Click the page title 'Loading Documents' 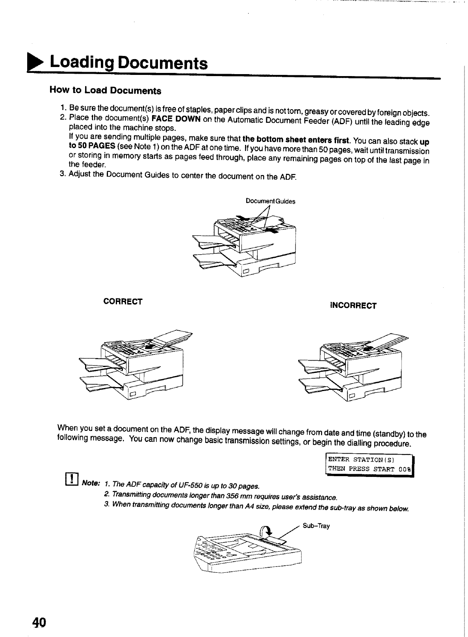[x=128, y=63]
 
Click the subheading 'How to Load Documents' [x=105, y=90]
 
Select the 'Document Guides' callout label [x=270, y=201]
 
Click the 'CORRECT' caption [x=123, y=302]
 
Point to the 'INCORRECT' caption [x=353, y=306]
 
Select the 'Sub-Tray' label [x=316, y=526]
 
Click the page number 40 [x=39, y=622]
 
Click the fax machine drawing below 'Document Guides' [x=244, y=244]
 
